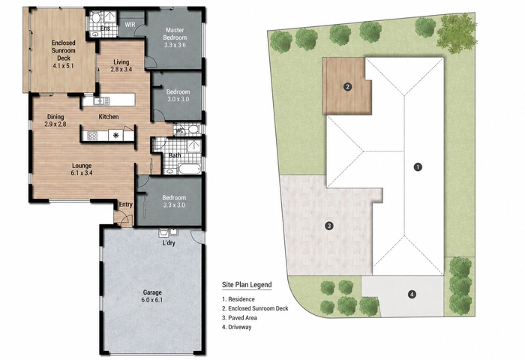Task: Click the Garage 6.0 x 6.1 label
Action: click(x=153, y=296)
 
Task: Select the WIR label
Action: click(x=130, y=25)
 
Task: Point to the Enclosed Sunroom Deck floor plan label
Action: click(x=63, y=54)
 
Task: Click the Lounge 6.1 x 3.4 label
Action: click(x=82, y=169)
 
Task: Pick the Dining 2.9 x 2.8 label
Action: click(x=55, y=120)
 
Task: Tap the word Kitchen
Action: click(x=109, y=116)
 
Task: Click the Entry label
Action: click(x=125, y=204)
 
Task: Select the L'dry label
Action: click(x=169, y=243)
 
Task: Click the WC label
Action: click(x=180, y=130)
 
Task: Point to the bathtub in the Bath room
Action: click(x=190, y=169)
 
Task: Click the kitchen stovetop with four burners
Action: click(x=92, y=136)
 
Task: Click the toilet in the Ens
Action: click(x=97, y=17)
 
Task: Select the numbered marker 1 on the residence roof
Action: click(x=418, y=166)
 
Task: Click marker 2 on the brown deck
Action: click(x=347, y=87)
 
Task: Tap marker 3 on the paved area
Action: click(x=329, y=226)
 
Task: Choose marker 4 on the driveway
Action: click(x=412, y=294)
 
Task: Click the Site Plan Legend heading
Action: click(x=247, y=285)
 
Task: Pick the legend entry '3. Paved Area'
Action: click(x=239, y=318)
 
